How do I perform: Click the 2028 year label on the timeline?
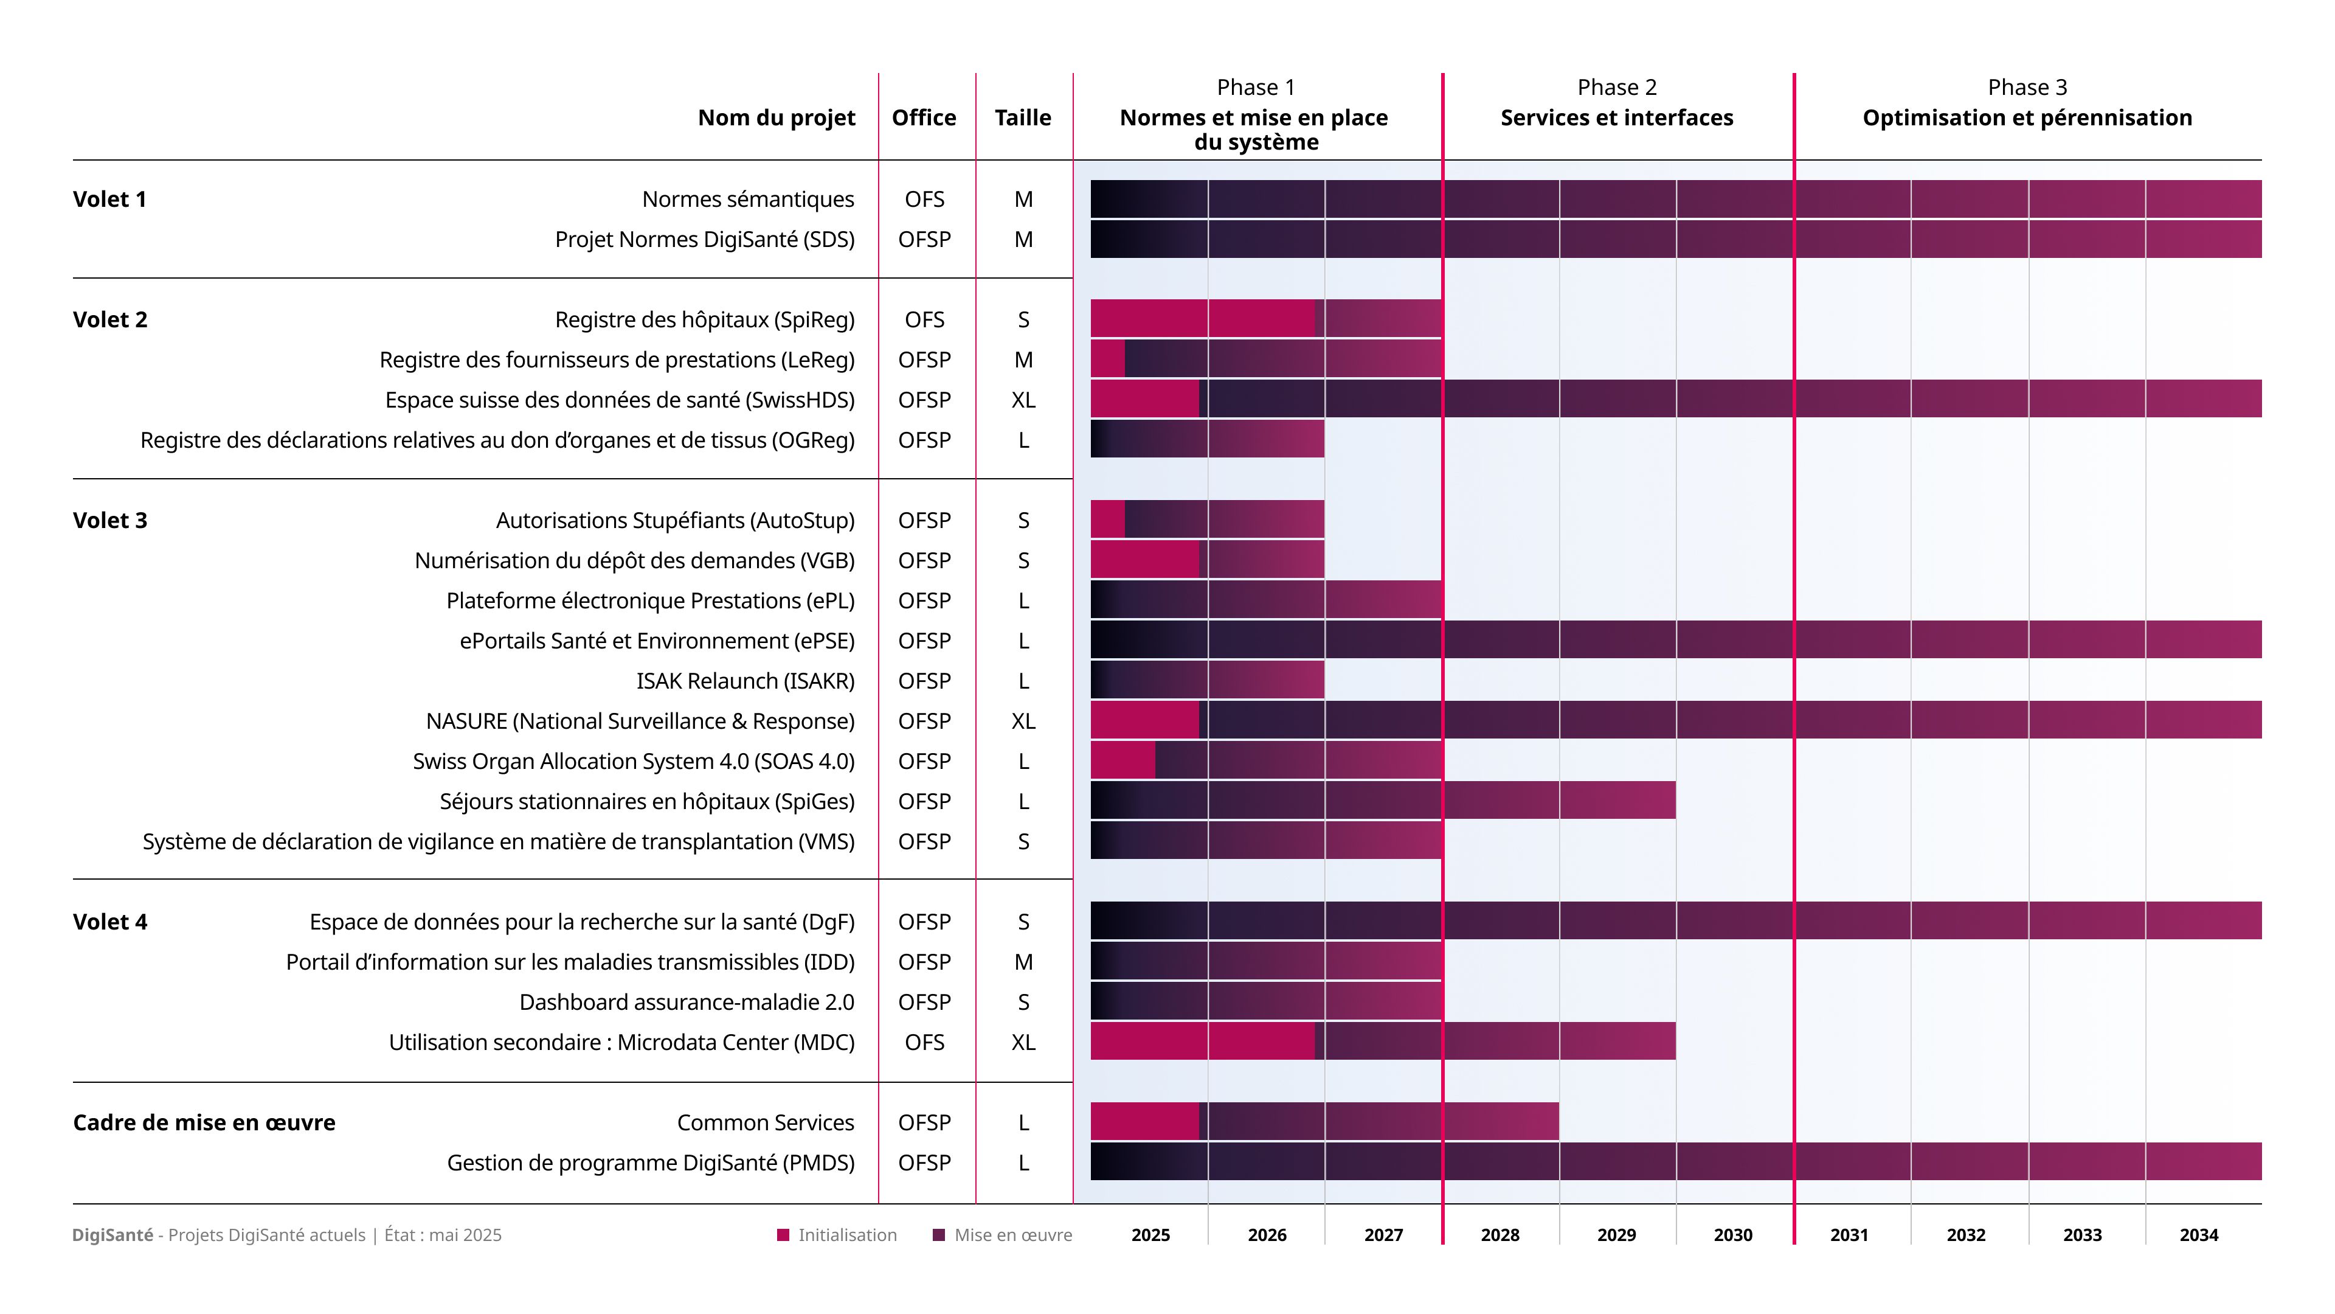click(1500, 1234)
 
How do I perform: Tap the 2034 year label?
click(2198, 1234)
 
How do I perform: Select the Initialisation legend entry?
click(837, 1234)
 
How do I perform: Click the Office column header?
click(924, 118)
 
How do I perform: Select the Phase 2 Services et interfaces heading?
click(1616, 104)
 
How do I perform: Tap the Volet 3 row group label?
click(109, 521)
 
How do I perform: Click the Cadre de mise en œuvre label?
click(204, 1122)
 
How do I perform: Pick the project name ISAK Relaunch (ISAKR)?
click(745, 681)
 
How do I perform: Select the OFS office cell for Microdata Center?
click(924, 1042)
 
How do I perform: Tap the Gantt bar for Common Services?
click(1323, 1122)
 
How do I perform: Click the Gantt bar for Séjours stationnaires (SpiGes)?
click(1382, 801)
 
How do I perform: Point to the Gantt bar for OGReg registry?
click(1206, 439)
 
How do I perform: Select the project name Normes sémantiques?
click(748, 200)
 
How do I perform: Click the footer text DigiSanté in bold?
click(112, 1234)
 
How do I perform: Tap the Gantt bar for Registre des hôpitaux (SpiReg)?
click(1265, 318)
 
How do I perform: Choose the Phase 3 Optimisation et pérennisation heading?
click(2027, 104)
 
